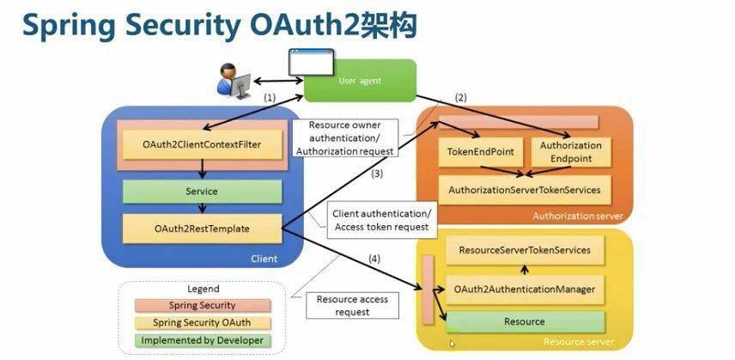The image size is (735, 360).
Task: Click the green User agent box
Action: (x=360, y=81)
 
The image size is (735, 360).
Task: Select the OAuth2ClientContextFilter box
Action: (x=203, y=143)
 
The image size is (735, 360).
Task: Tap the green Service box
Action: (x=203, y=192)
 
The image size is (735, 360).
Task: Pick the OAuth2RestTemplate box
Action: (x=203, y=229)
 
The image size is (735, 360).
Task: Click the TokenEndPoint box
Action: (x=481, y=151)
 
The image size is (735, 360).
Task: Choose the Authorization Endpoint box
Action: (x=571, y=151)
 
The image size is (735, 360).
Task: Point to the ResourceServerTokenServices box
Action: (x=525, y=250)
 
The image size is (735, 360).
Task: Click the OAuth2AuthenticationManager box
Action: (x=525, y=289)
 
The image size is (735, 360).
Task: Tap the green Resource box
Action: (x=525, y=321)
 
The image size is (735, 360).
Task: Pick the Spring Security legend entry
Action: (x=203, y=305)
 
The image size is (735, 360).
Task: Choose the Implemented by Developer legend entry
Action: (x=203, y=340)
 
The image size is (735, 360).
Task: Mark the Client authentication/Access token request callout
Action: (x=380, y=220)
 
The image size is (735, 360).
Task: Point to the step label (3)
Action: (x=376, y=174)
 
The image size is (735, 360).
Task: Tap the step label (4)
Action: (x=374, y=258)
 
